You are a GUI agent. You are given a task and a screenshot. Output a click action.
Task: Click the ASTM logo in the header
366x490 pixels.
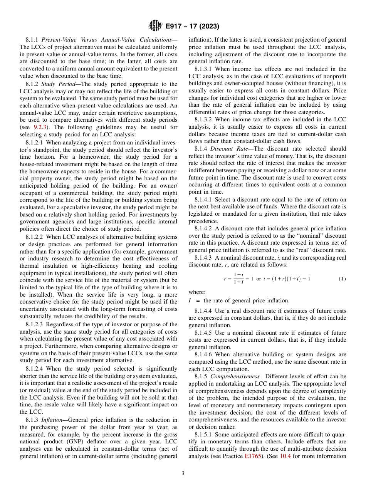pyautogui.click(x=155, y=26)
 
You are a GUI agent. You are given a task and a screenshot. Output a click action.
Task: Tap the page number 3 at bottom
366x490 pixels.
pyautogui.click(x=183, y=473)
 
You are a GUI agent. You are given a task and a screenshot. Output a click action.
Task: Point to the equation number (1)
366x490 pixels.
pyautogui.click(x=342, y=278)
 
